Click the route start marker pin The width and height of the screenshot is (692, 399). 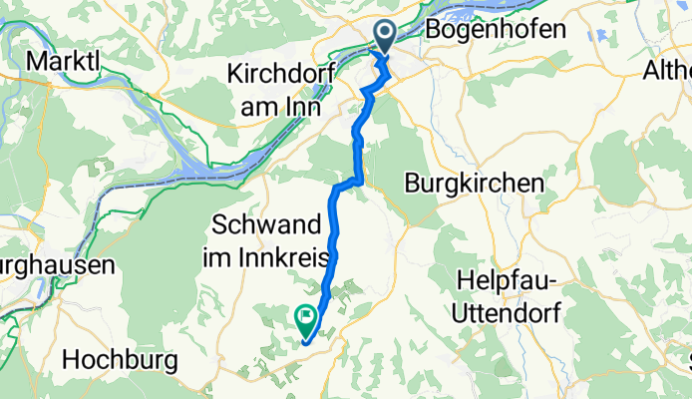point(385,36)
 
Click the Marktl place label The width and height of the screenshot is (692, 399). point(64,61)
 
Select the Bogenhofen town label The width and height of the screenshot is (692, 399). point(495,30)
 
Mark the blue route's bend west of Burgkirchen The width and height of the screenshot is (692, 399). point(350,184)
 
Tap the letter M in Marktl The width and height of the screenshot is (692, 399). point(36,61)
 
